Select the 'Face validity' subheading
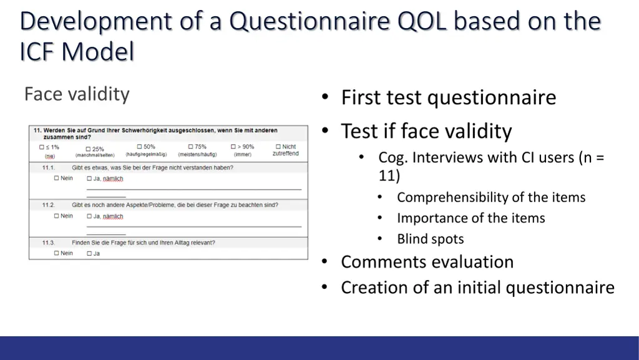click(77, 94)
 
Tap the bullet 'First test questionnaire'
click(448, 97)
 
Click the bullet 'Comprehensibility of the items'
click(491, 198)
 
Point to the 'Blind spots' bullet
click(430, 239)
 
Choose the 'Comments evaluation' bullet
click(427, 262)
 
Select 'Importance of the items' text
click(471, 218)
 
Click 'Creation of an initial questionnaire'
click(477, 288)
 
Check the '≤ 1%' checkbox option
click(42, 148)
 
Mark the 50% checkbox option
click(139, 147)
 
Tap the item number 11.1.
click(48, 168)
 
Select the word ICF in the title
click(38, 52)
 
